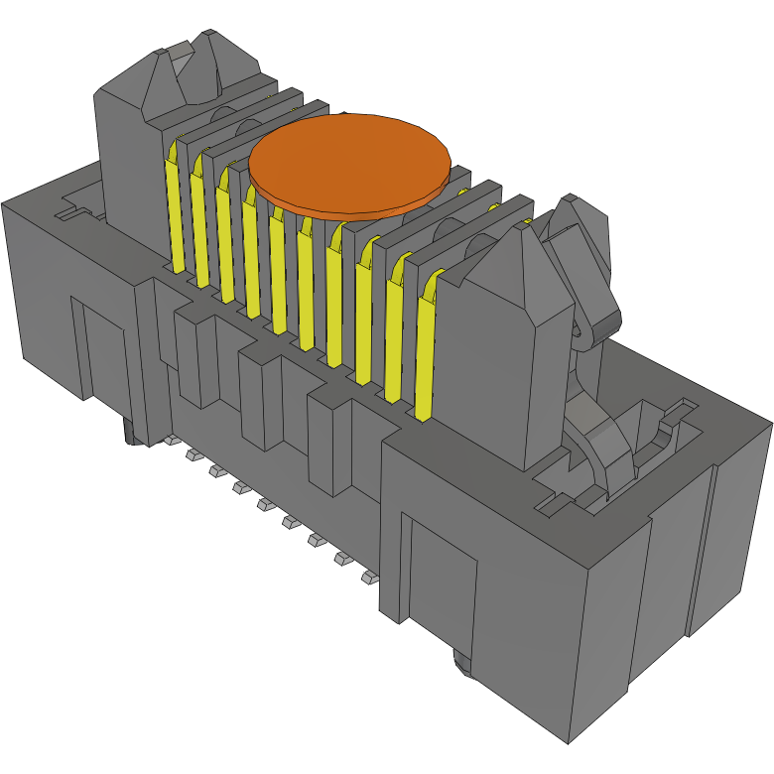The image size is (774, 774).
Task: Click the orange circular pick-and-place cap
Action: tap(349, 164)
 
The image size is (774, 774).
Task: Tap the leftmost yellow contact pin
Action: tap(175, 208)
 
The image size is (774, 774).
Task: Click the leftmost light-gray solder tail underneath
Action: tap(170, 440)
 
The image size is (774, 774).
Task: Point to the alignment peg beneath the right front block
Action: tap(462, 663)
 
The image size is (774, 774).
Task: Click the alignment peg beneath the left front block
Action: tap(130, 433)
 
